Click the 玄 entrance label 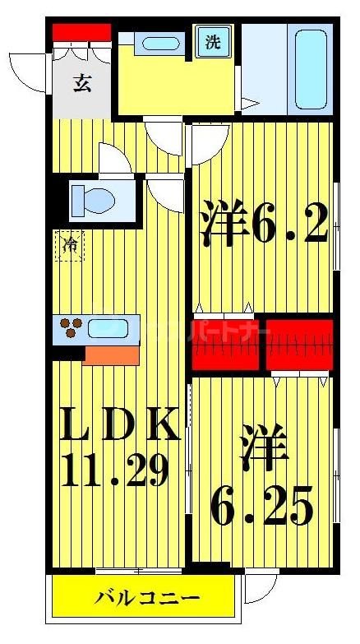[x=81, y=82]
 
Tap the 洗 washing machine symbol [x=212, y=43]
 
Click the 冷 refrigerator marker [x=71, y=245]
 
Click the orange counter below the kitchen [x=111, y=354]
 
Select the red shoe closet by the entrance [x=81, y=32]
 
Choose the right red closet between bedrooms [x=299, y=344]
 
